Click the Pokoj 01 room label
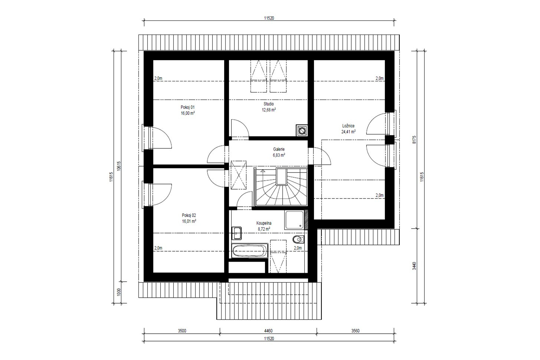[187, 107]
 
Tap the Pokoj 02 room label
[189, 215]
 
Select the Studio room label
[269, 104]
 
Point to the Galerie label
[279, 150]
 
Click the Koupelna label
[264, 223]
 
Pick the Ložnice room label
[348, 126]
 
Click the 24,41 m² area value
[348, 132]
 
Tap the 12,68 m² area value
[269, 110]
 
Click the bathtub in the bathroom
[249, 251]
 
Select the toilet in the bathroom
[298, 239]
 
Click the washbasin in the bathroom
[236, 233]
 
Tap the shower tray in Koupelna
[294, 220]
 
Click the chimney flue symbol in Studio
[302, 131]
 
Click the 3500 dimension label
[182, 331]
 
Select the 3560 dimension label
[355, 331]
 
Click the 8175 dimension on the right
[414, 140]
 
